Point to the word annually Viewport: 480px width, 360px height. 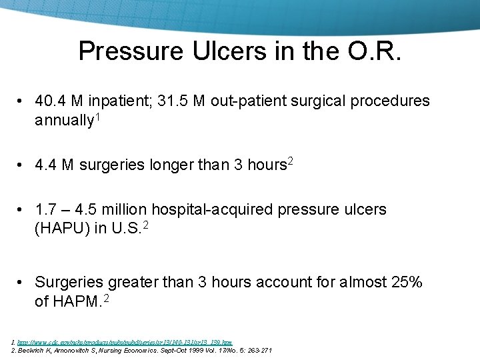(63, 121)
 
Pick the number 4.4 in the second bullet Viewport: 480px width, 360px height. (45, 165)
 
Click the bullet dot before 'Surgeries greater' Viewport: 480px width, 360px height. (21, 283)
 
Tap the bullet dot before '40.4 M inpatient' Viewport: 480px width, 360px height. (21, 101)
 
